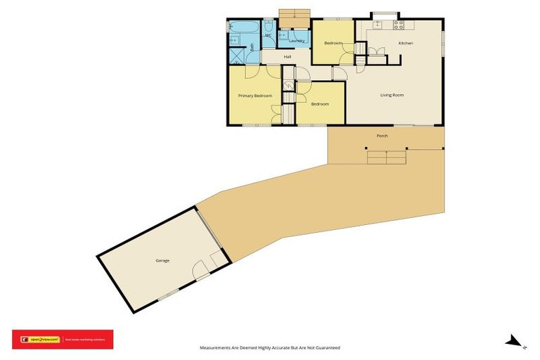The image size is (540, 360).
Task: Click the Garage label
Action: click(x=162, y=261)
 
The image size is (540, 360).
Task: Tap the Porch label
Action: click(x=382, y=136)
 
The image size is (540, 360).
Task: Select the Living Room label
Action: click(x=392, y=95)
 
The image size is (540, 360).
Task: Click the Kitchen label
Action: click(x=406, y=44)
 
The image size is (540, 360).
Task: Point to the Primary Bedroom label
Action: click(x=255, y=95)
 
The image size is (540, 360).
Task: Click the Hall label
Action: click(x=288, y=56)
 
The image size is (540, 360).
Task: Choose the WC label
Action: click(x=268, y=35)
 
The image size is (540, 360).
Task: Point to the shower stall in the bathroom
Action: click(x=234, y=40)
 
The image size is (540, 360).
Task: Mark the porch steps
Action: click(x=387, y=157)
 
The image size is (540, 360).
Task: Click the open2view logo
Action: click(x=41, y=340)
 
